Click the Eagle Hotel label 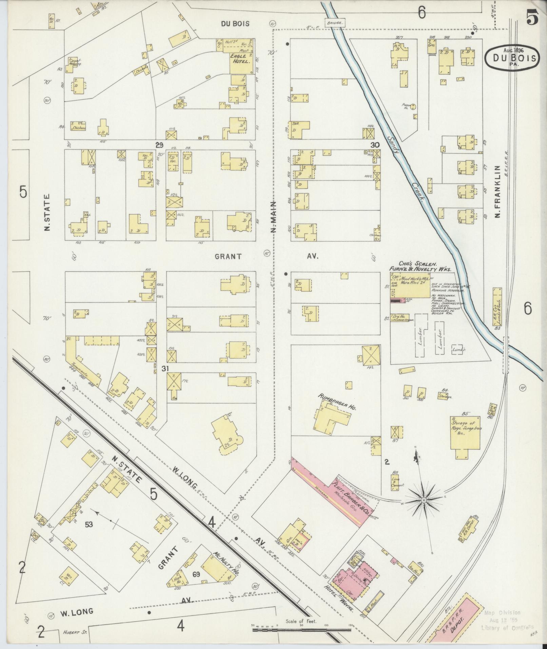tap(240, 59)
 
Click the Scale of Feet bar tap(302, 630)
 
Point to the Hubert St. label tap(73, 632)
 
